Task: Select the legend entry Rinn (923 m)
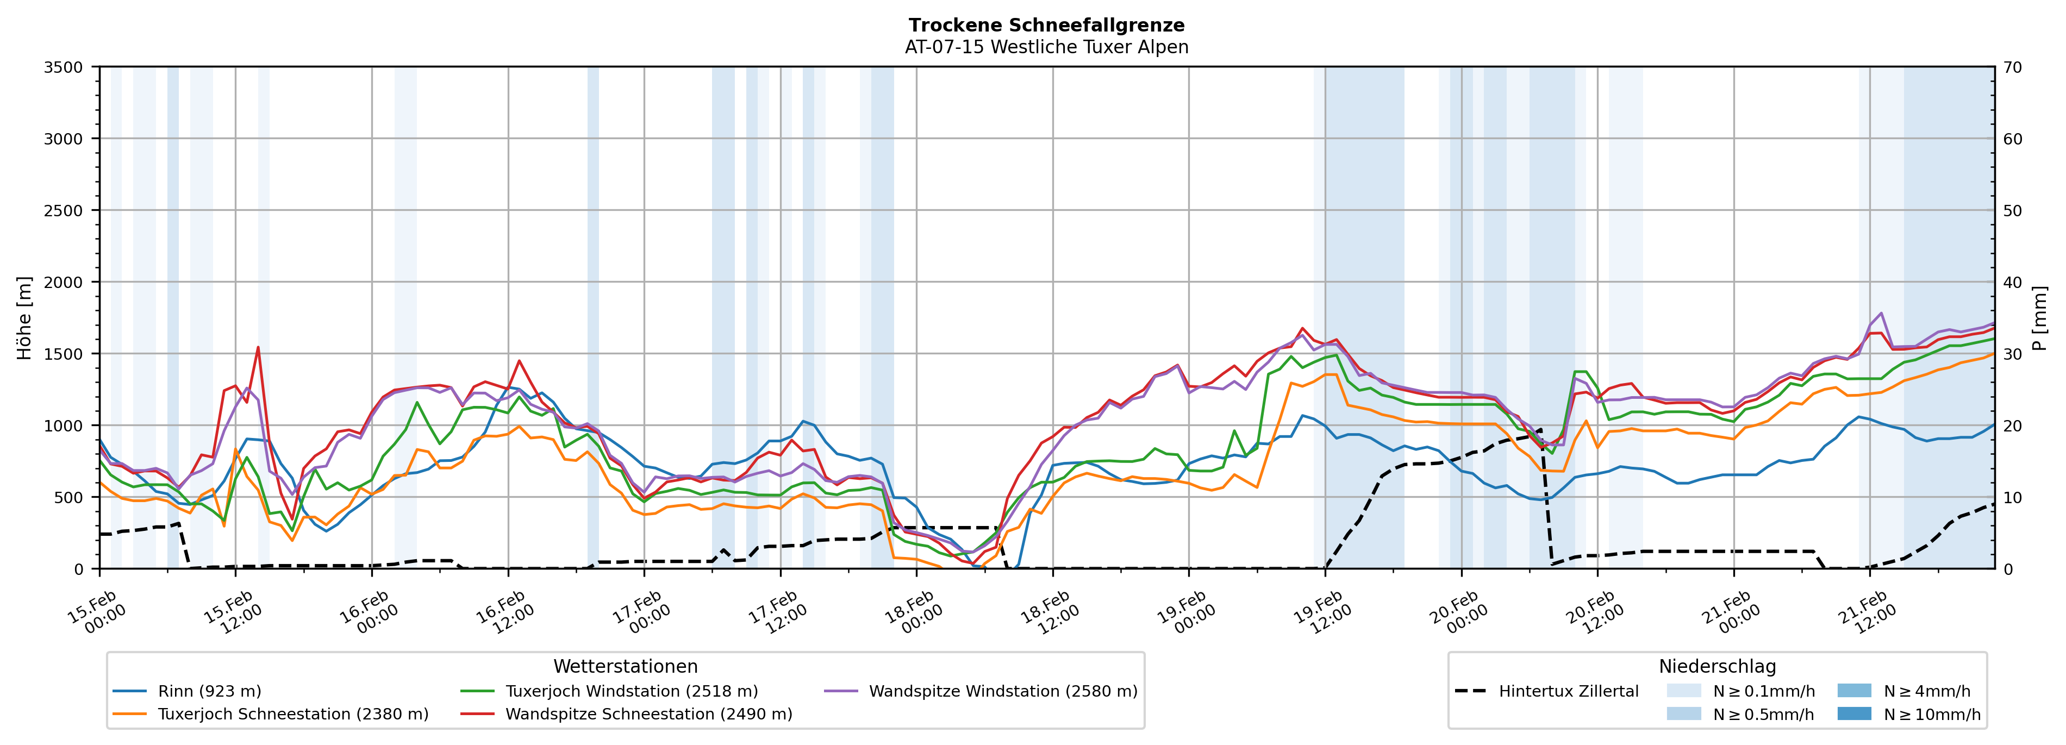click(209, 691)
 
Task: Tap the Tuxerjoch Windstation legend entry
click(631, 691)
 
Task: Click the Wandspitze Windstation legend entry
click(1002, 691)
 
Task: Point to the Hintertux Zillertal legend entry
click(1568, 691)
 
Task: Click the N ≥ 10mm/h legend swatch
click(1854, 713)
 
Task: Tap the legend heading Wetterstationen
click(626, 666)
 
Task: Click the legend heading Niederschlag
click(1717, 666)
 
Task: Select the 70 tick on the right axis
click(2012, 67)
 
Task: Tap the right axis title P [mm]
click(2039, 317)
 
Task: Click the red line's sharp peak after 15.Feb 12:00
click(258, 347)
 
